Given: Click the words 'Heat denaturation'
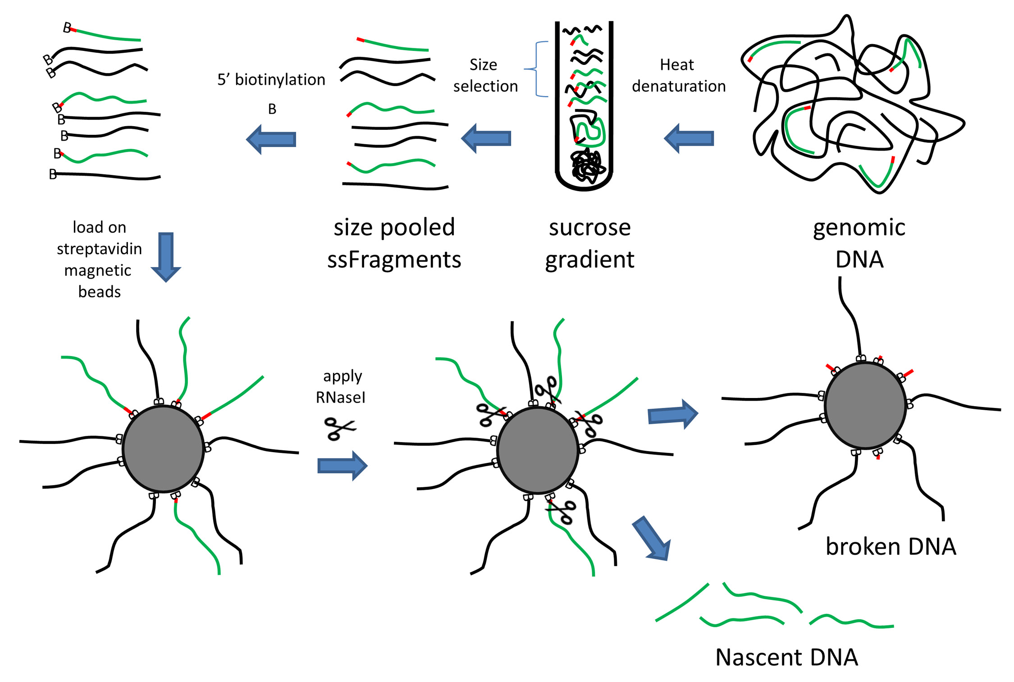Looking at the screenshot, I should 678,75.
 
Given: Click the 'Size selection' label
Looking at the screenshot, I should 485,75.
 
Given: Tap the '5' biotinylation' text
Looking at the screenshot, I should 271,80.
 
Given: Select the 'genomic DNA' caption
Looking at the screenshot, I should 859,243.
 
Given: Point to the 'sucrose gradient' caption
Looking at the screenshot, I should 589,243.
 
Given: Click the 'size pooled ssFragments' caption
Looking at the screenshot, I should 394,243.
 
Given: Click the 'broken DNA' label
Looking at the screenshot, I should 891,546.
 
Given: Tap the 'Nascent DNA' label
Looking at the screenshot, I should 786,657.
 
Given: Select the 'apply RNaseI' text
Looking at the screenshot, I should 341,386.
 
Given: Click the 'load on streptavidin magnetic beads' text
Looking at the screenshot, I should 99,259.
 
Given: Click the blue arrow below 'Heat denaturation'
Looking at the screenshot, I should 689,138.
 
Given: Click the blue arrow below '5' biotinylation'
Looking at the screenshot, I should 271,139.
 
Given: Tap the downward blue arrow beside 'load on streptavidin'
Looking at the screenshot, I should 166,256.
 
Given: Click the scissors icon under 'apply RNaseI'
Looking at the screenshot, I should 340,428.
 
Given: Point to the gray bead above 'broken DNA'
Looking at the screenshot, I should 865,405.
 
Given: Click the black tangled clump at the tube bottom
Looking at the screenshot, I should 586,166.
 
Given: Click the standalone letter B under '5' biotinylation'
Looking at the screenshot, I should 272,109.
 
